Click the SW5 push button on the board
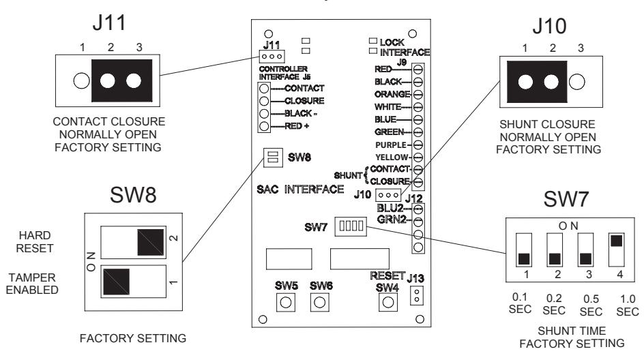point(285,303)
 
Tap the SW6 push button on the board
point(319,303)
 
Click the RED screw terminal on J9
point(418,70)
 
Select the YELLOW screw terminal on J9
point(418,157)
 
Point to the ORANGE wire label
point(392,94)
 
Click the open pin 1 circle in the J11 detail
point(81,80)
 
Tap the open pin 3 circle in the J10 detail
point(576,82)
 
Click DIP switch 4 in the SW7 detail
point(617,250)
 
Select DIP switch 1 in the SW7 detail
point(524,250)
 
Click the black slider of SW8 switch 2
point(151,242)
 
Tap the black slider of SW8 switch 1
point(116,282)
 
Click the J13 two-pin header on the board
point(416,295)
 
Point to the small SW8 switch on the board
point(273,157)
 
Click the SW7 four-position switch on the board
point(351,226)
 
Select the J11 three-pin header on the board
point(272,56)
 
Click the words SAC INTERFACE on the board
point(300,190)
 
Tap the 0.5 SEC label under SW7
point(591,305)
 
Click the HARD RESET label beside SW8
point(35,242)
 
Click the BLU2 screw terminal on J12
point(418,209)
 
